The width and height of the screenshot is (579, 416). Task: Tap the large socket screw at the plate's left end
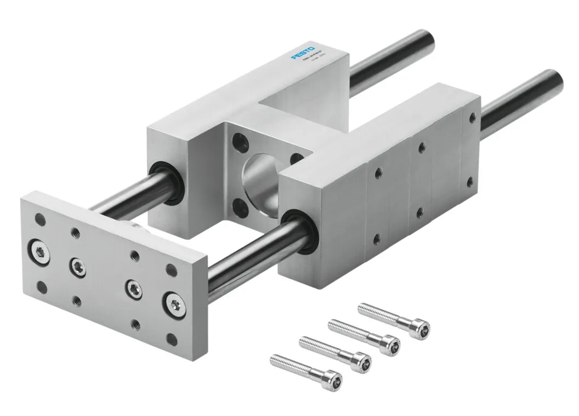[x=39, y=251]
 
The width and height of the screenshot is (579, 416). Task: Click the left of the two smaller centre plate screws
[x=76, y=266]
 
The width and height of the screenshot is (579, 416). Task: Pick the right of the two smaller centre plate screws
[x=133, y=288]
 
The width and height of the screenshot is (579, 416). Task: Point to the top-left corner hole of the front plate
[x=39, y=220]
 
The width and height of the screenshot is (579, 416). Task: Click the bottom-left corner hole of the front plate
[x=41, y=286]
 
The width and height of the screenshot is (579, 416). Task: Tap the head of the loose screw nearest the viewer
[x=334, y=379]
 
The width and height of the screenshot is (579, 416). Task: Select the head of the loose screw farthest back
[x=421, y=329]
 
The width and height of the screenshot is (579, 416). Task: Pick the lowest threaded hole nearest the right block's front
[x=377, y=238]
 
